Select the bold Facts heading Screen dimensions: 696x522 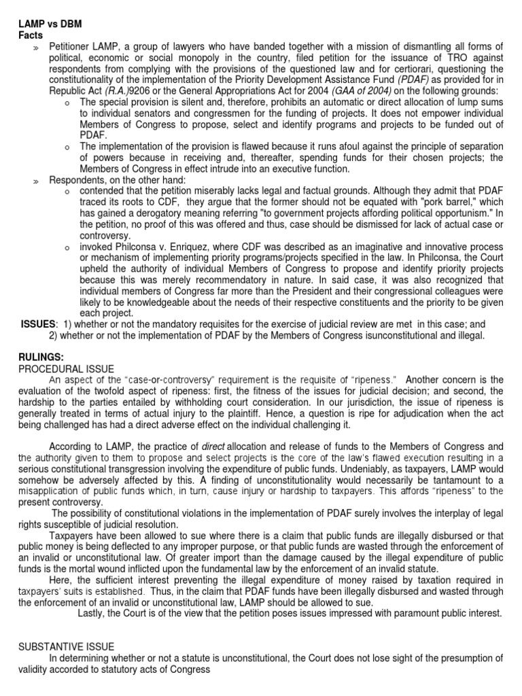pyautogui.click(x=30, y=35)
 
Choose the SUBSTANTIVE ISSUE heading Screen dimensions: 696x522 pyautogui.click(x=66, y=646)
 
